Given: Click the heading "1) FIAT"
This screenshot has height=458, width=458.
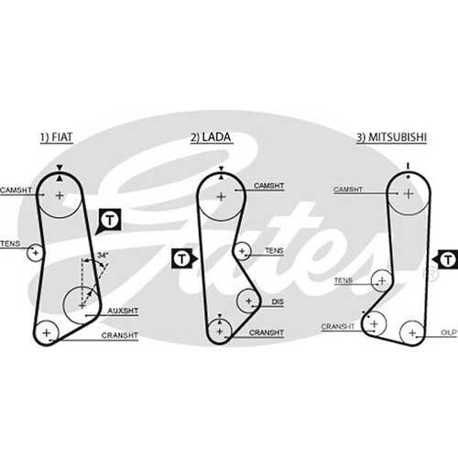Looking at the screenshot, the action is point(57,137).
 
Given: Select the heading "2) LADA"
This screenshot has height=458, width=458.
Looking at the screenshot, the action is point(211,137).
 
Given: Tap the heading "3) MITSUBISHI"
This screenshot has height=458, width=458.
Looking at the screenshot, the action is point(391,137).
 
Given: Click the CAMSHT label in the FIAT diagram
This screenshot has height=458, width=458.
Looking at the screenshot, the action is point(16,190).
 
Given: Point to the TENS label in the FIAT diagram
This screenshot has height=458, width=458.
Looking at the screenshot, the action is point(10,244).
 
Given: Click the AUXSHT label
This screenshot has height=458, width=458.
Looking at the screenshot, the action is point(123,311).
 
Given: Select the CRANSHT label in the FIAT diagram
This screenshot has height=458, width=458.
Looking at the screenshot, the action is point(120,335).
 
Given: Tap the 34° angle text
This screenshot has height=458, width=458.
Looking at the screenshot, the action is point(103,255).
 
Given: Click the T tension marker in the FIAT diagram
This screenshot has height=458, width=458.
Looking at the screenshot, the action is point(110,220).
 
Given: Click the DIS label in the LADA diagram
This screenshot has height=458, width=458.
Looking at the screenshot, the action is point(278,301).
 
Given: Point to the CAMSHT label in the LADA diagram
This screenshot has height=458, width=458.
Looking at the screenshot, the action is point(269,186).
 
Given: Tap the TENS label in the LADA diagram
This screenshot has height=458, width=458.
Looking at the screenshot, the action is point(274,251).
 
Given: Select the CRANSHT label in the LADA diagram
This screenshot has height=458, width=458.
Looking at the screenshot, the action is point(267,333).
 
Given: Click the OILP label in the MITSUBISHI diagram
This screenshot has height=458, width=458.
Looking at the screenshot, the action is point(449,333).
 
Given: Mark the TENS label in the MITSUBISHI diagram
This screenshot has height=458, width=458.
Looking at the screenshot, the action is point(343,280).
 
